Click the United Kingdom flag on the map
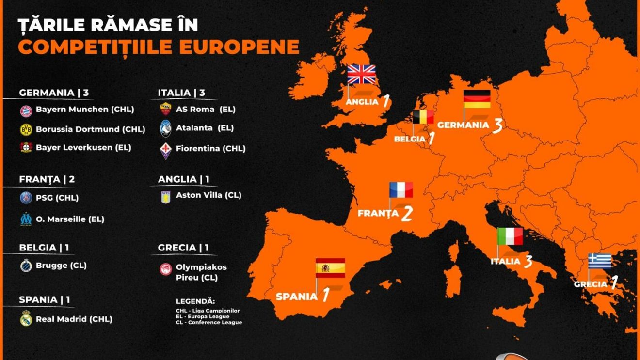click(x=361, y=74)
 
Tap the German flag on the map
click(x=477, y=99)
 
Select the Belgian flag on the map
click(x=423, y=117)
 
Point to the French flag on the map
click(x=401, y=190)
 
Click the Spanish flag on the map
click(x=330, y=268)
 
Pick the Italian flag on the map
click(x=510, y=236)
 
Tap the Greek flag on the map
click(x=600, y=261)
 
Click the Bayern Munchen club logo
click(x=26, y=110)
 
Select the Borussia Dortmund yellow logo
click(x=26, y=129)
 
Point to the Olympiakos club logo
click(x=166, y=269)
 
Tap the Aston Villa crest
click(x=166, y=197)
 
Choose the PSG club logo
click(x=26, y=198)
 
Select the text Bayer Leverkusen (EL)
click(x=83, y=147)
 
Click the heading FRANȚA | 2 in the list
click(x=47, y=179)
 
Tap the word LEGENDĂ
click(x=195, y=301)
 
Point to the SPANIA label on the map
click(x=296, y=296)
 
